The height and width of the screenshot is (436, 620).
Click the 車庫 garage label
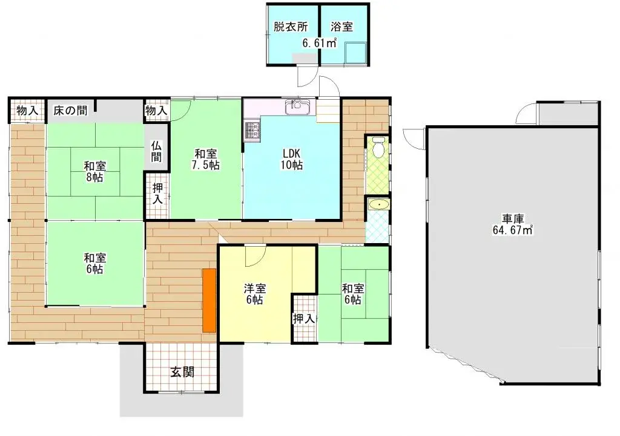508,218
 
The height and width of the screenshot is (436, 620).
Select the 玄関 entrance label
181,372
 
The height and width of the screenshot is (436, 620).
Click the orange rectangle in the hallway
209,300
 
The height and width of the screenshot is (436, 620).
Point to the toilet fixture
378,147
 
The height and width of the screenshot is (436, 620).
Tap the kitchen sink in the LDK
297,107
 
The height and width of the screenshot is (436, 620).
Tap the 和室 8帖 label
94,171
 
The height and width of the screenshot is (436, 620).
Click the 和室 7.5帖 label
206,159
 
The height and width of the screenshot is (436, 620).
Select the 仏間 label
157,151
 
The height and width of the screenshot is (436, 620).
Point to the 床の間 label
69,111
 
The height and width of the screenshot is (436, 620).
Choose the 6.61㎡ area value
320,42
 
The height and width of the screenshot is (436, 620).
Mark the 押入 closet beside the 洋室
303,318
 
